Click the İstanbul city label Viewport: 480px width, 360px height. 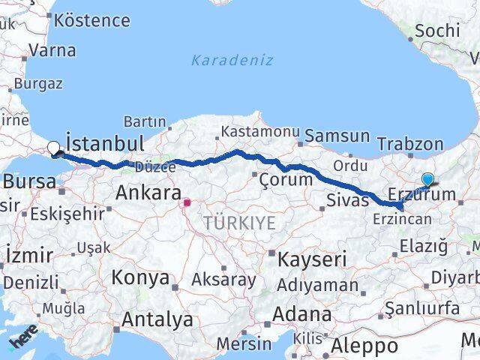click(105, 142)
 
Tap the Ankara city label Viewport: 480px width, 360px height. click(148, 193)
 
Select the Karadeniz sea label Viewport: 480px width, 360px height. click(232, 60)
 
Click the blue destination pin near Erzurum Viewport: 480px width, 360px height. click(427, 180)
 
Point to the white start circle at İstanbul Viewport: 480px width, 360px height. click(54, 148)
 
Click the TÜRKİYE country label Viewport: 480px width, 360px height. click(239, 222)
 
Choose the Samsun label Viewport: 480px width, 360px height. click(337, 136)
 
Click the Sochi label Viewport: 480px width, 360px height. click(436, 31)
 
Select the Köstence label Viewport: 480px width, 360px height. click(92, 20)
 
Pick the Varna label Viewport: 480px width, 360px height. click(52, 51)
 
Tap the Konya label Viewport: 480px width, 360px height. click(140, 278)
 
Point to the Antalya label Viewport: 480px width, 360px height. click(157, 320)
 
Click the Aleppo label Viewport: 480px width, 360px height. click(366, 346)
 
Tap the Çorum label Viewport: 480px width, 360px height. click(285, 180)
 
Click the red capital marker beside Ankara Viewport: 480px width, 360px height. click(187, 202)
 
